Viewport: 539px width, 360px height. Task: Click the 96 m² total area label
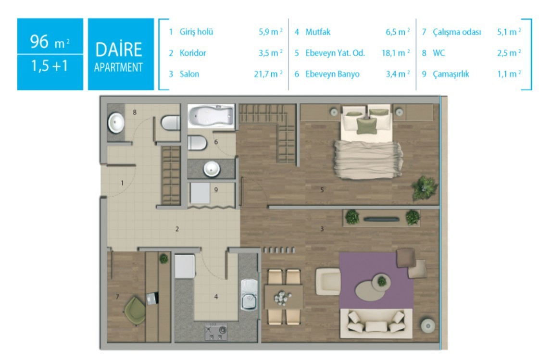(50, 41)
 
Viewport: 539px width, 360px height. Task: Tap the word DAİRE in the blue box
(119, 50)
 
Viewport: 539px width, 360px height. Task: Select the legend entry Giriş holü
(196, 32)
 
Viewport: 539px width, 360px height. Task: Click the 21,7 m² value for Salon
(268, 74)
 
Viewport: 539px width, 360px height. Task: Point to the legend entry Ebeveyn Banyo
(332, 74)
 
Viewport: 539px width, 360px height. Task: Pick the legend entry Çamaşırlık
(451, 74)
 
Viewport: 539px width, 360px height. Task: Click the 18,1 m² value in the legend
(396, 53)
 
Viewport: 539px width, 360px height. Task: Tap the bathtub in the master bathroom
(211, 116)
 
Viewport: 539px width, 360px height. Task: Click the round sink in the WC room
(116, 123)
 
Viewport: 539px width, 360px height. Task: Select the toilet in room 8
(171, 123)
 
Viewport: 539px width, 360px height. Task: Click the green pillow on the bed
(366, 125)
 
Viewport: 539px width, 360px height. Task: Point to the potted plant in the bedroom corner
(425, 187)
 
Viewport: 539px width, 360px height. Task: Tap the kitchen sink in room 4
(249, 295)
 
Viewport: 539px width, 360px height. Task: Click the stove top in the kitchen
(216, 332)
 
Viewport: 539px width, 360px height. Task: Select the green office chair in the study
(136, 310)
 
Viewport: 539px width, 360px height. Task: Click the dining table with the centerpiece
(284, 297)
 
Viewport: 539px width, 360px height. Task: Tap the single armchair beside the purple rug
(328, 281)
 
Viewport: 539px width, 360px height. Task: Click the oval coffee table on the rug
(369, 290)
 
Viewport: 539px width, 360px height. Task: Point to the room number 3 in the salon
(322, 229)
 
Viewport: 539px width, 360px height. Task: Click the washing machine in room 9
(200, 193)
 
